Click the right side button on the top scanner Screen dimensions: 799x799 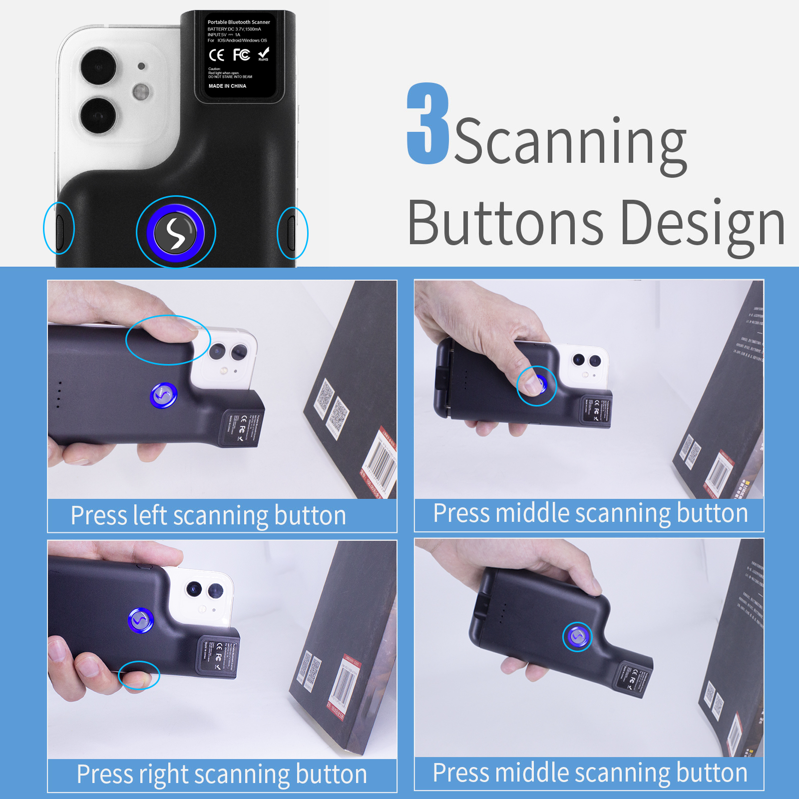293,233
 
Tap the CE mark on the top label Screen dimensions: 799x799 217,55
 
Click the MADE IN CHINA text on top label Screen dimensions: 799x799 227,86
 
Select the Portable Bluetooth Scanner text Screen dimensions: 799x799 239,22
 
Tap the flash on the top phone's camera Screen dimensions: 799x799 141,92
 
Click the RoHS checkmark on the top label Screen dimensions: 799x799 264,53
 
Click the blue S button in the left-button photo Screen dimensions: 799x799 163,396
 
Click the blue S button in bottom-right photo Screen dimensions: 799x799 577,637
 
